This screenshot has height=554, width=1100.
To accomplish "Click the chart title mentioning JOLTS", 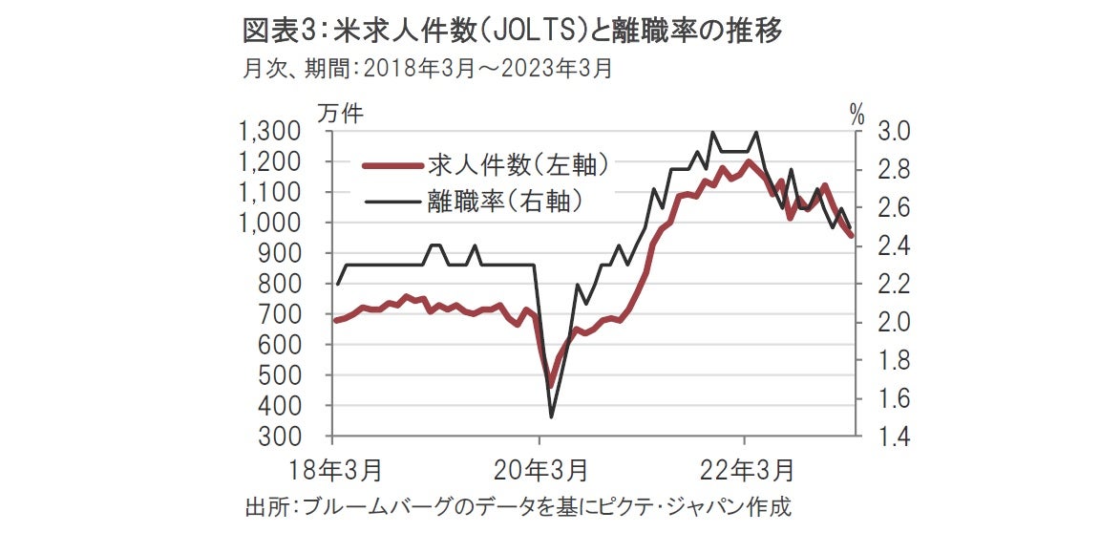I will tap(514, 31).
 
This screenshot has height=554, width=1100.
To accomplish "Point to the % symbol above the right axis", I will tap(857, 117).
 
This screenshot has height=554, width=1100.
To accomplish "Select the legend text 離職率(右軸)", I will tap(506, 201).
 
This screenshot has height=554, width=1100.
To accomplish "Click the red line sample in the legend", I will tap(391, 166).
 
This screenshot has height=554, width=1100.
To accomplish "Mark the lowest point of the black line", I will tap(551, 417).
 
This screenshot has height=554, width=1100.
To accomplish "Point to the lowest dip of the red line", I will tap(550, 385).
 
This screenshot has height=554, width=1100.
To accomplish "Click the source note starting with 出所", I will tap(518, 506).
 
